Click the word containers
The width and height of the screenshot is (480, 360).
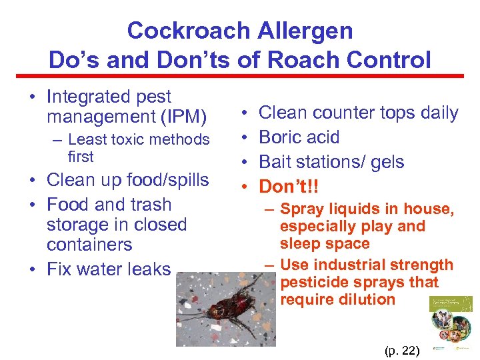tap(89, 245)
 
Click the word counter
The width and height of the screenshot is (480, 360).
tap(344, 113)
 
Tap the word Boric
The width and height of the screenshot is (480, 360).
tap(279, 137)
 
